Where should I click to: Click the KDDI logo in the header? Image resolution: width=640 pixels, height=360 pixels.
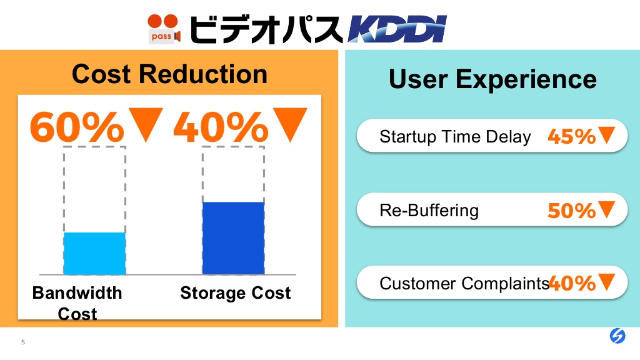[397, 29]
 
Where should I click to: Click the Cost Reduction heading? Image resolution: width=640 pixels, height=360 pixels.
[169, 74]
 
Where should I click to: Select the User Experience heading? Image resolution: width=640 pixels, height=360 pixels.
[492, 79]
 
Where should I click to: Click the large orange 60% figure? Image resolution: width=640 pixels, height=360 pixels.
[77, 127]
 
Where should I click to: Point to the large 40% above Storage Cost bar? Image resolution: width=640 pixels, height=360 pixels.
[221, 127]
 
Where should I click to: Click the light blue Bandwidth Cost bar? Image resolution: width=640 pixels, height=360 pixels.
[94, 254]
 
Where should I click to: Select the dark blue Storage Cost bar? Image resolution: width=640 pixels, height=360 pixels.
[234, 238]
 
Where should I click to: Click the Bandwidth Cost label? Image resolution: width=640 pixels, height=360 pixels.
[77, 303]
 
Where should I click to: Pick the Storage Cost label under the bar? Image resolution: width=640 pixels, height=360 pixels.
[236, 293]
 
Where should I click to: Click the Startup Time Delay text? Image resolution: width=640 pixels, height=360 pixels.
[455, 137]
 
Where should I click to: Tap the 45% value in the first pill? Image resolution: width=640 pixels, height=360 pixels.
[572, 136]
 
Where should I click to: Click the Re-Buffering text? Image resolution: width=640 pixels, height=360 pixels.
[429, 211]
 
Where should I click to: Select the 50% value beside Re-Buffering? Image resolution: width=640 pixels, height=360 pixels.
[572, 211]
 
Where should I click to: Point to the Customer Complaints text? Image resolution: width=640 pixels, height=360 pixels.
[464, 283]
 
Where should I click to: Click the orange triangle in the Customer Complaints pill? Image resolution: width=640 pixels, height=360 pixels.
[606, 282]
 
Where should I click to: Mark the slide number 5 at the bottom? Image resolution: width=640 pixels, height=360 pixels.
[23, 342]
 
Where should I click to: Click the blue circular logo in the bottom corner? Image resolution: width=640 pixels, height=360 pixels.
[617, 336]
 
